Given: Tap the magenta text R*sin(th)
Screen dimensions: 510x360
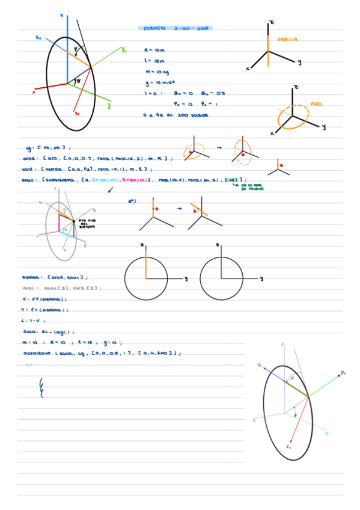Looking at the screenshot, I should (x=136, y=179).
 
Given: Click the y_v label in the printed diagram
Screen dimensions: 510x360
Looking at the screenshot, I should (x=343, y=373).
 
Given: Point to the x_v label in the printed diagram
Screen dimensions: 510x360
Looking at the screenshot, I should (x=289, y=447).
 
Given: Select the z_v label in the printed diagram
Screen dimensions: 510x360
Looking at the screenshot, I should (x=259, y=364).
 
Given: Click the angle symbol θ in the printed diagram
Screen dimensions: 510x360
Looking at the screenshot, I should (x=295, y=415).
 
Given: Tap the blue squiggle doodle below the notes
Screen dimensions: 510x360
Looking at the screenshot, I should (x=41, y=387).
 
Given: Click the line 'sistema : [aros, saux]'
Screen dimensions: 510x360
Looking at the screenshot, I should (x=55, y=277).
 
